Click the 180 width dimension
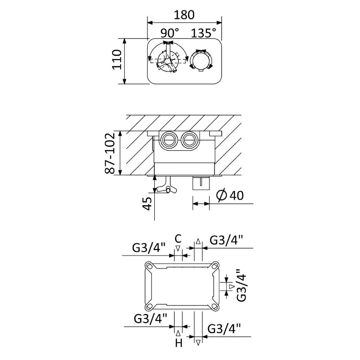pos(184,15)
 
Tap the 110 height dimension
pos(117,59)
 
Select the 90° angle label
pos(170,33)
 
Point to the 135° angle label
pos(204,33)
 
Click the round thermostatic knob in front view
pos(201,60)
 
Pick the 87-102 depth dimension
pos(110,153)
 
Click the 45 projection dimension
pos(148,203)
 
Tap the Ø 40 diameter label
pos(230,196)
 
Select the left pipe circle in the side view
pos(169,140)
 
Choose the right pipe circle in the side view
pos(189,140)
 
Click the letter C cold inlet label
pos(178,239)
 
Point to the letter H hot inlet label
pos(179,343)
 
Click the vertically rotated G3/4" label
pos(242,285)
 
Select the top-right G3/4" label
pos(226,240)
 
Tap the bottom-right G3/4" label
pos(224,328)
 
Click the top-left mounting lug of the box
pos(149,266)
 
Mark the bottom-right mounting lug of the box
pos(216,306)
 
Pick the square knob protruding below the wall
pos(201,183)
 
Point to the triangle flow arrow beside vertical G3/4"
pos(232,286)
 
